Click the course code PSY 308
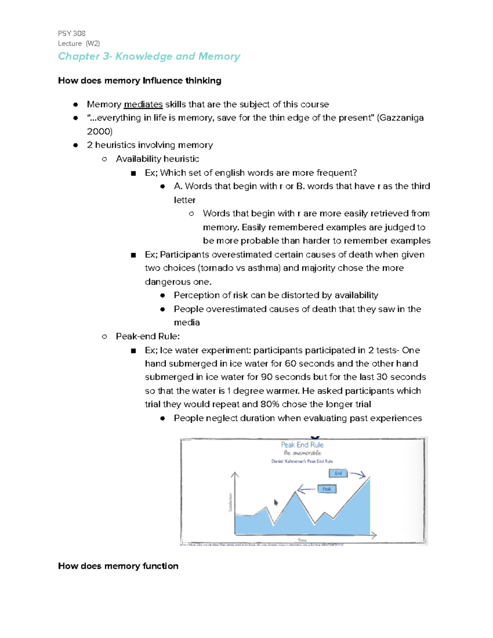[71, 33]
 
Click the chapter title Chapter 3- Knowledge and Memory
[149, 56]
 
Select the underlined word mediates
[143, 104]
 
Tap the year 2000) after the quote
[99, 131]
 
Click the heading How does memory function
[118, 566]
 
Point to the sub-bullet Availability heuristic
[157, 159]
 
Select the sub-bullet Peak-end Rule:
[147, 336]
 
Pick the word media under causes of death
[187, 322]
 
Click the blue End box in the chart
[338, 473]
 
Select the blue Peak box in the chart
[327, 489]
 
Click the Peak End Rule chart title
[302, 445]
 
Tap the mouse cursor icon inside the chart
[276, 502]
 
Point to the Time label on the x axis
[302, 540]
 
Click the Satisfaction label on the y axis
[230, 502]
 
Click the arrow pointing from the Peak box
[306, 489]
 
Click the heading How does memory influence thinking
[139, 81]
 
